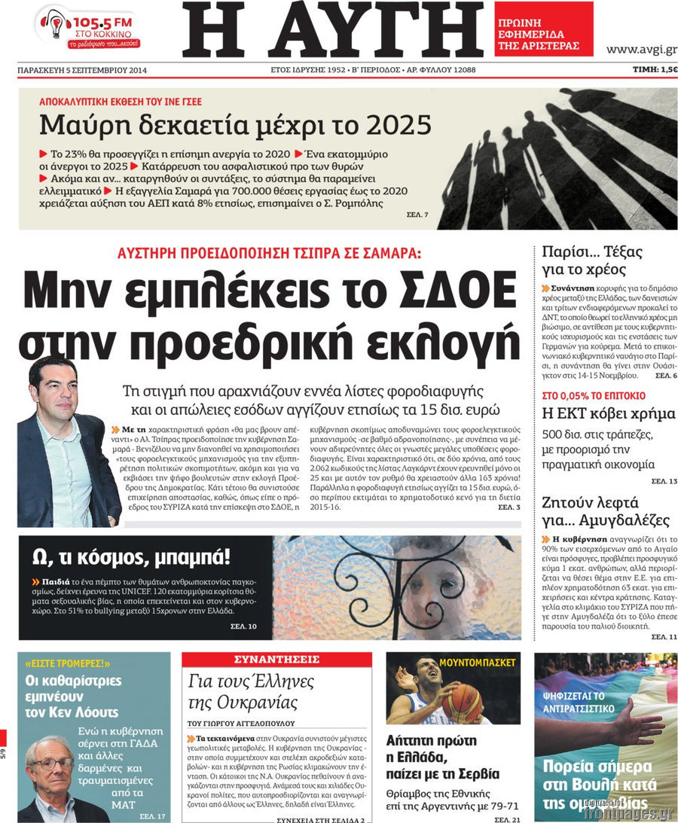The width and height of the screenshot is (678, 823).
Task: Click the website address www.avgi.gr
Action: pos(640,50)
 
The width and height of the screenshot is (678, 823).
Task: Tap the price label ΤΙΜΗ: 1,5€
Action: pos(654,70)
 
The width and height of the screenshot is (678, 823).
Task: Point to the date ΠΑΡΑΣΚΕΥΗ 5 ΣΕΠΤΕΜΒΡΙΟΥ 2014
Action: pos(82,71)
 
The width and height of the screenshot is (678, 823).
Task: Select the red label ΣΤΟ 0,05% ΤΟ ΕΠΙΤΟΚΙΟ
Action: pos(594,395)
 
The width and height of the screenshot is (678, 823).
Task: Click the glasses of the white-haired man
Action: pos(52,764)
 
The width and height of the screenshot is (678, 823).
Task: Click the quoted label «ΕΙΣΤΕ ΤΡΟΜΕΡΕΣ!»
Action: pos(67,663)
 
